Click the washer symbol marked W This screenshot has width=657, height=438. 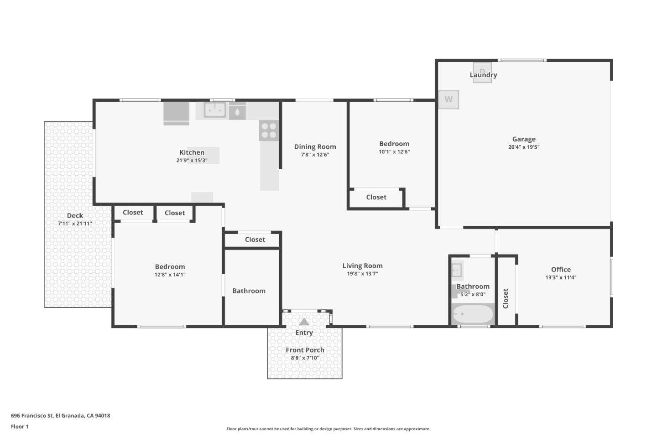tap(448, 99)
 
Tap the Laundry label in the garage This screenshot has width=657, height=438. tap(483, 75)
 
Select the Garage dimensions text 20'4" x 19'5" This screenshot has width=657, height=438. tap(524, 147)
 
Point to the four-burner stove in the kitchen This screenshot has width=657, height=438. tap(269, 130)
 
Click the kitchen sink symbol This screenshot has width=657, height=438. tap(214, 109)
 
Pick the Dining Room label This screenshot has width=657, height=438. tap(315, 146)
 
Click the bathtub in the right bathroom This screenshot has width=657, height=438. tap(472, 314)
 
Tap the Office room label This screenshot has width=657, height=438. tap(561, 269)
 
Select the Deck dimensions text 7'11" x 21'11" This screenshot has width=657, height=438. tap(75, 224)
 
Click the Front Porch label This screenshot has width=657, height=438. tap(305, 350)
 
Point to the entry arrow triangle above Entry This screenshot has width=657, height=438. tap(304, 322)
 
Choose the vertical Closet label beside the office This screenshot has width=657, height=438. tap(506, 298)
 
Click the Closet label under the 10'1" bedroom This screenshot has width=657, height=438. tap(376, 197)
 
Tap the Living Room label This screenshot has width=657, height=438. tap(362, 266)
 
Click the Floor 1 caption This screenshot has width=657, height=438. tap(20, 427)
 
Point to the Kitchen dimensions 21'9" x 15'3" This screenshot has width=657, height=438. tap(192, 160)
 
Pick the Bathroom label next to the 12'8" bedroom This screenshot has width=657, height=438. tap(249, 291)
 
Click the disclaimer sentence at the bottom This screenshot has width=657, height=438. tap(328, 429)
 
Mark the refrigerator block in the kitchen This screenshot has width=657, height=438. tap(176, 112)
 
